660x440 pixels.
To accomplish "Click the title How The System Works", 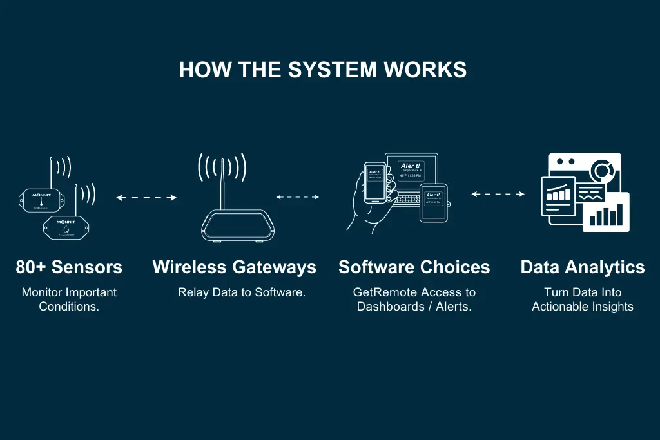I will [x=322, y=70].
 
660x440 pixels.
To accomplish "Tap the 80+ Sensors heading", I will [x=69, y=267].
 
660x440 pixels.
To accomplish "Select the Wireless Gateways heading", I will [x=234, y=267].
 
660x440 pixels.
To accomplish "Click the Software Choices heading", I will [x=414, y=267].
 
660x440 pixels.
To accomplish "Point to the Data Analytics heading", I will [x=582, y=267].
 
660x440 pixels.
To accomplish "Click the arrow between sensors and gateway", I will [x=146, y=198].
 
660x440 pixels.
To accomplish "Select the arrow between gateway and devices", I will [x=298, y=197].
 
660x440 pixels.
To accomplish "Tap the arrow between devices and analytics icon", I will [x=498, y=193].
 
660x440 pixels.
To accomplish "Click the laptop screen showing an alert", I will [x=411, y=171].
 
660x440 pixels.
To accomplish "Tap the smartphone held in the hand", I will [x=374, y=182].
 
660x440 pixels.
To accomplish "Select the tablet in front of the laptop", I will [x=433, y=202].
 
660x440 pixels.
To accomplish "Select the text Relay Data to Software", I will [x=241, y=292].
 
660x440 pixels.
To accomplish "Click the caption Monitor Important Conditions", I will [x=69, y=300].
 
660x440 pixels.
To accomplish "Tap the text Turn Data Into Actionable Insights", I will [x=582, y=300].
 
